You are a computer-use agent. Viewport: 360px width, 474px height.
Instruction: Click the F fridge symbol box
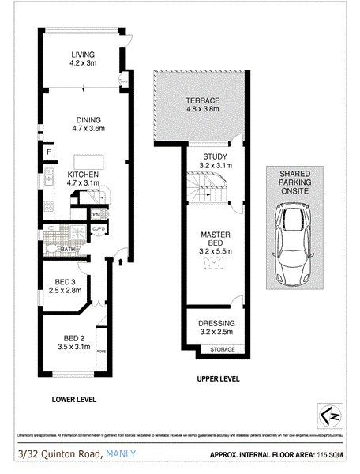point(49,151)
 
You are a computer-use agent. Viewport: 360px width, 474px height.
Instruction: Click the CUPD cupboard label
point(98,230)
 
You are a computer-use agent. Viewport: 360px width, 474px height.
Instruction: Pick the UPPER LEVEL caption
point(218,379)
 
